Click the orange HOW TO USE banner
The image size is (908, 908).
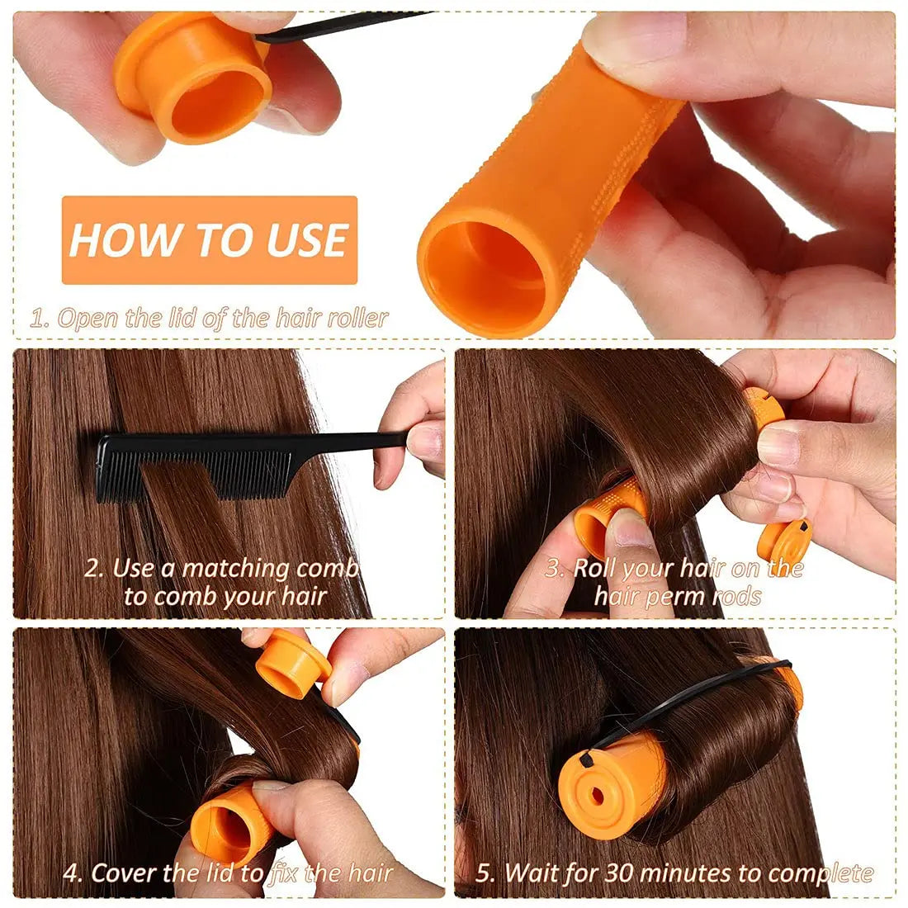209,239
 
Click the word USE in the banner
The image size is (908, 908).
306,240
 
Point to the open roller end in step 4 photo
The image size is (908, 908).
221,830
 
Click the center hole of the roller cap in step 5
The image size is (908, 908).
596,796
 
